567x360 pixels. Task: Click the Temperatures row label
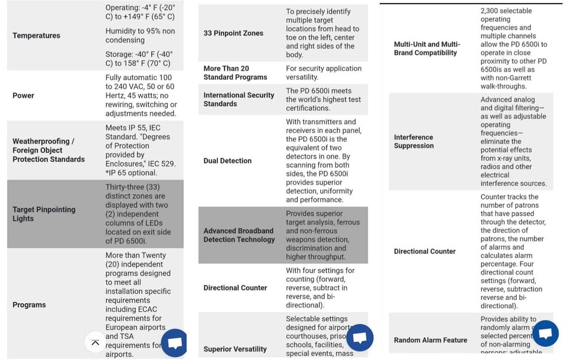[36, 36]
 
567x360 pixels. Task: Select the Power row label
[23, 96]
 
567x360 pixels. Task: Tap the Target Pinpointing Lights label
[44, 214]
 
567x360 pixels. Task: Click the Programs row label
[29, 305]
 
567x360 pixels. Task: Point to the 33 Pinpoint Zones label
[233, 34]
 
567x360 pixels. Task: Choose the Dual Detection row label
[227, 161]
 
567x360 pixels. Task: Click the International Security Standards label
[239, 99]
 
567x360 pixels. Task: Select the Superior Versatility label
[235, 349]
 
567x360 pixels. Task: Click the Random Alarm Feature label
[431, 340]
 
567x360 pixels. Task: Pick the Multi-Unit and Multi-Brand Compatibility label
[427, 48]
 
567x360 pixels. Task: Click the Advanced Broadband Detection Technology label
[239, 235]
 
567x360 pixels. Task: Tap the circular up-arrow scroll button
[94, 341]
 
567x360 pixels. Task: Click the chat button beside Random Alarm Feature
[544, 334]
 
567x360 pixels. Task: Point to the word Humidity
[122, 31]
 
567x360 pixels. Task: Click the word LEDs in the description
[158, 222]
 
